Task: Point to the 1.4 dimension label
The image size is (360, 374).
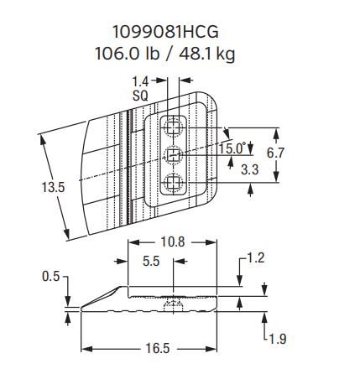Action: pyautogui.click(x=140, y=81)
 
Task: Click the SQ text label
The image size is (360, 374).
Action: pyautogui.click(x=140, y=95)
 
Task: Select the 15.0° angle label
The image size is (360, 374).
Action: pyautogui.click(x=232, y=148)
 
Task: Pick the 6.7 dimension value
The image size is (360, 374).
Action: pyautogui.click(x=276, y=153)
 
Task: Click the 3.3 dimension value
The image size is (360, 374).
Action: pyautogui.click(x=248, y=169)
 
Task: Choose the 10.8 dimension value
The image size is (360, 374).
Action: pyautogui.click(x=172, y=242)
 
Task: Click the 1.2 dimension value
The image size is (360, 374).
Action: pyautogui.click(x=255, y=258)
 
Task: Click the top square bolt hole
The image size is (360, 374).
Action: pyautogui.click(x=174, y=127)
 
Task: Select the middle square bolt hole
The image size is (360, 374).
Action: pyautogui.click(x=174, y=154)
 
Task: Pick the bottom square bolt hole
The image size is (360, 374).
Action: pyautogui.click(x=174, y=183)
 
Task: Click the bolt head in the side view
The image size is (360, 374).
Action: pyautogui.click(x=174, y=303)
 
